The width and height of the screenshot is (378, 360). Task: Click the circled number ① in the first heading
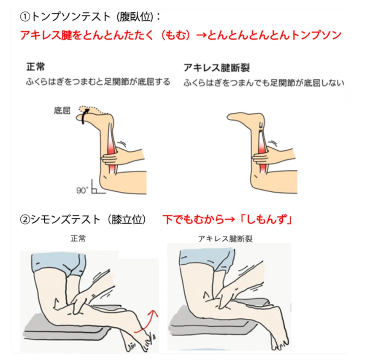(25, 17)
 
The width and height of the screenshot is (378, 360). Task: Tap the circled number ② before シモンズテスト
(25, 220)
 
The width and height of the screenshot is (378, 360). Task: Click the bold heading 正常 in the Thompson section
(35, 67)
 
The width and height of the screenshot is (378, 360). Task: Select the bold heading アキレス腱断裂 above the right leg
(216, 68)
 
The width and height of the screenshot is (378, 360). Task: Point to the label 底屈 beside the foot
(62, 111)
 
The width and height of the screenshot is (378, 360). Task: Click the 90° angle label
(82, 191)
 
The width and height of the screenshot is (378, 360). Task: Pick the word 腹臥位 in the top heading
(135, 17)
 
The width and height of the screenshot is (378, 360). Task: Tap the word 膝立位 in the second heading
(127, 220)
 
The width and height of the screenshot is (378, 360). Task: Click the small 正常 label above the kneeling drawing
(78, 239)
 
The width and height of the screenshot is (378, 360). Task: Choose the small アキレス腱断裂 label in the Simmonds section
(225, 239)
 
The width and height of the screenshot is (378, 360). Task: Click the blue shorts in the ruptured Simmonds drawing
(207, 258)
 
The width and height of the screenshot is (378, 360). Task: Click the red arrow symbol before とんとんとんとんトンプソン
(201, 36)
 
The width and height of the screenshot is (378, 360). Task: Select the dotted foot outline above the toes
(93, 109)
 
